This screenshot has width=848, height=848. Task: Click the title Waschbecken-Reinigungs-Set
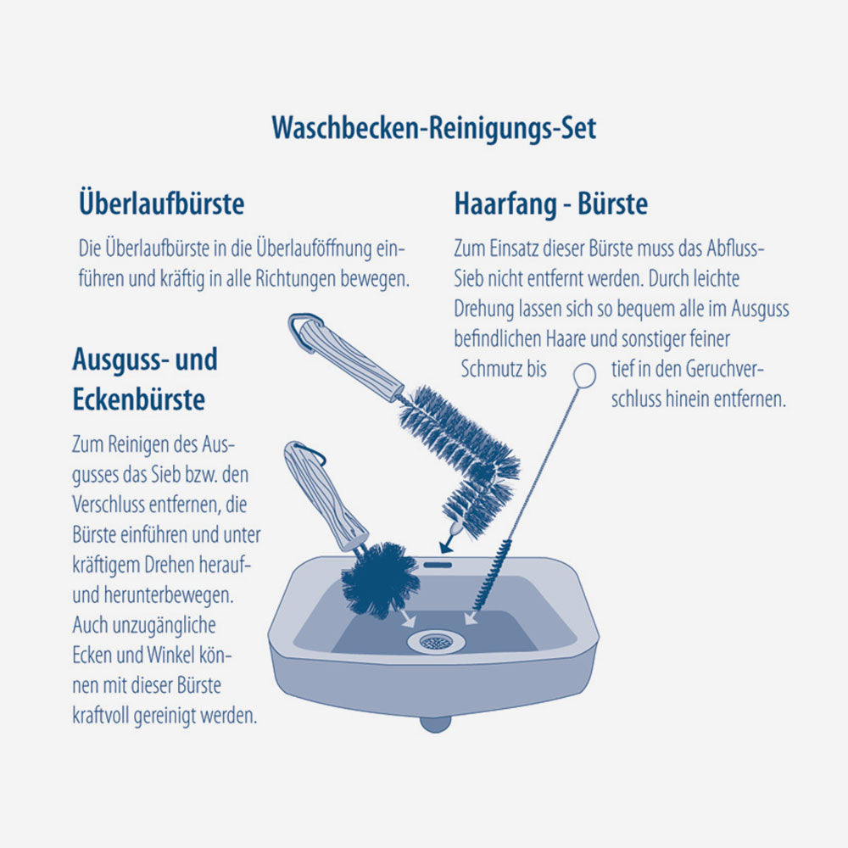[433, 128]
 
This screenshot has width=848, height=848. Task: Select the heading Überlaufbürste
[161, 204]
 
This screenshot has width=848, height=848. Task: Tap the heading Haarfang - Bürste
[550, 204]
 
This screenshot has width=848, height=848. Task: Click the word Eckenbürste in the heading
[138, 399]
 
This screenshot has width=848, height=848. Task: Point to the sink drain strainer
[435, 641]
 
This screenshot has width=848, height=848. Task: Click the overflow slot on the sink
[438, 563]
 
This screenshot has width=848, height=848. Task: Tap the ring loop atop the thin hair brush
[583, 374]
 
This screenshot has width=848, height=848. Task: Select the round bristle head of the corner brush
[378, 579]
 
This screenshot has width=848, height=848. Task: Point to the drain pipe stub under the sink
[435, 723]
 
